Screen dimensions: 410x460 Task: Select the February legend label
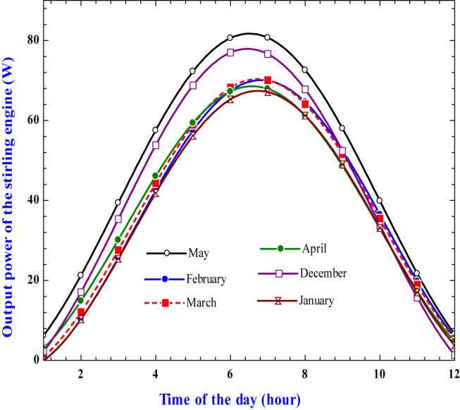pos(206,279)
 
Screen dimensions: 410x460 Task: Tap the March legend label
pos(201,303)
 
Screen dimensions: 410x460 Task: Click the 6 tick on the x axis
pos(230,373)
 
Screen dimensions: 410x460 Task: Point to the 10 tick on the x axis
pos(380,373)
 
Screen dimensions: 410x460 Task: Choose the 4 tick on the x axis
pos(155,373)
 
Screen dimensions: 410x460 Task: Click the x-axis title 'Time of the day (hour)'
pos(230,399)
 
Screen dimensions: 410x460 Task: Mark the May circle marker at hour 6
pos(230,37)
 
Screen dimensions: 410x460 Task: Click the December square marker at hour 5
pos(193,85)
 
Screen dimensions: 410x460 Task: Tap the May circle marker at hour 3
pos(118,202)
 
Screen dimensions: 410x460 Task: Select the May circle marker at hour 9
pos(342,128)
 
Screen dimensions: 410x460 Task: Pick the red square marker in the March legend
pos(165,303)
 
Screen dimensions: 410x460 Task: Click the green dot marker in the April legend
pos(280,248)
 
